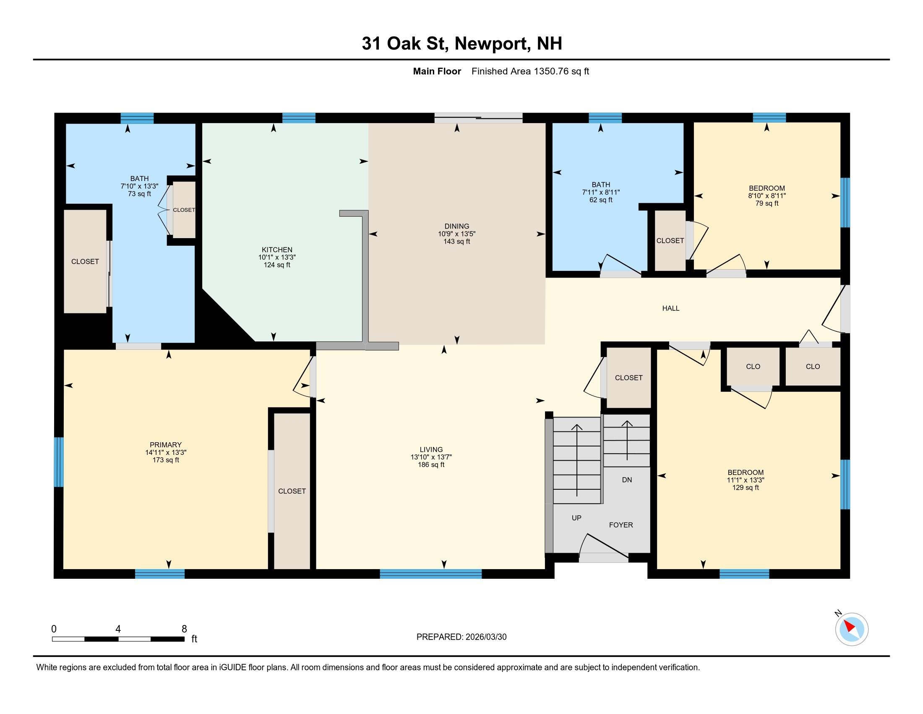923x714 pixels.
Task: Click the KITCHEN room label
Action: pyautogui.click(x=277, y=249)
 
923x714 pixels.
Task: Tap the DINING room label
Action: pyautogui.click(x=456, y=226)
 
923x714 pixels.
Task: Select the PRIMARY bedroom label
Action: pyautogui.click(x=166, y=444)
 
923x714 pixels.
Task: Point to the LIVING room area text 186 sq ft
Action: pyautogui.click(x=431, y=465)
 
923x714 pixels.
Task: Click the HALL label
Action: pyautogui.click(x=671, y=308)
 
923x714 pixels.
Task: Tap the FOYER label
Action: pyautogui.click(x=621, y=525)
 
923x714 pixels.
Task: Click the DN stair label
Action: pyautogui.click(x=627, y=480)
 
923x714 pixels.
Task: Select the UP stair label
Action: pyautogui.click(x=576, y=518)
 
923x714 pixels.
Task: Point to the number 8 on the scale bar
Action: pyautogui.click(x=184, y=629)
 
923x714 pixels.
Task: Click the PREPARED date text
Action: pyautogui.click(x=461, y=637)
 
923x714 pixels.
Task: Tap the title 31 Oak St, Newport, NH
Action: pyautogui.click(x=461, y=44)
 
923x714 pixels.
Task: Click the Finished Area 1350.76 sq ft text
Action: pyautogui.click(x=530, y=71)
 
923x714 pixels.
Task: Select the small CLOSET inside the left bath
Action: pyautogui.click(x=184, y=210)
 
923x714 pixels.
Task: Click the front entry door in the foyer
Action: pyautogui.click(x=603, y=557)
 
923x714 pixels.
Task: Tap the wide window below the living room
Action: pyautogui.click(x=430, y=574)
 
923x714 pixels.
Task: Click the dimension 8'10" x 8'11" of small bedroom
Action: pyautogui.click(x=767, y=196)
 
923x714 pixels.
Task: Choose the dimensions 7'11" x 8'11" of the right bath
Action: pyautogui.click(x=600, y=192)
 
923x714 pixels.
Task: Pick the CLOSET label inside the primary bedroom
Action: pyautogui.click(x=292, y=491)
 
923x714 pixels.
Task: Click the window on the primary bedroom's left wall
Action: pyautogui.click(x=59, y=462)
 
